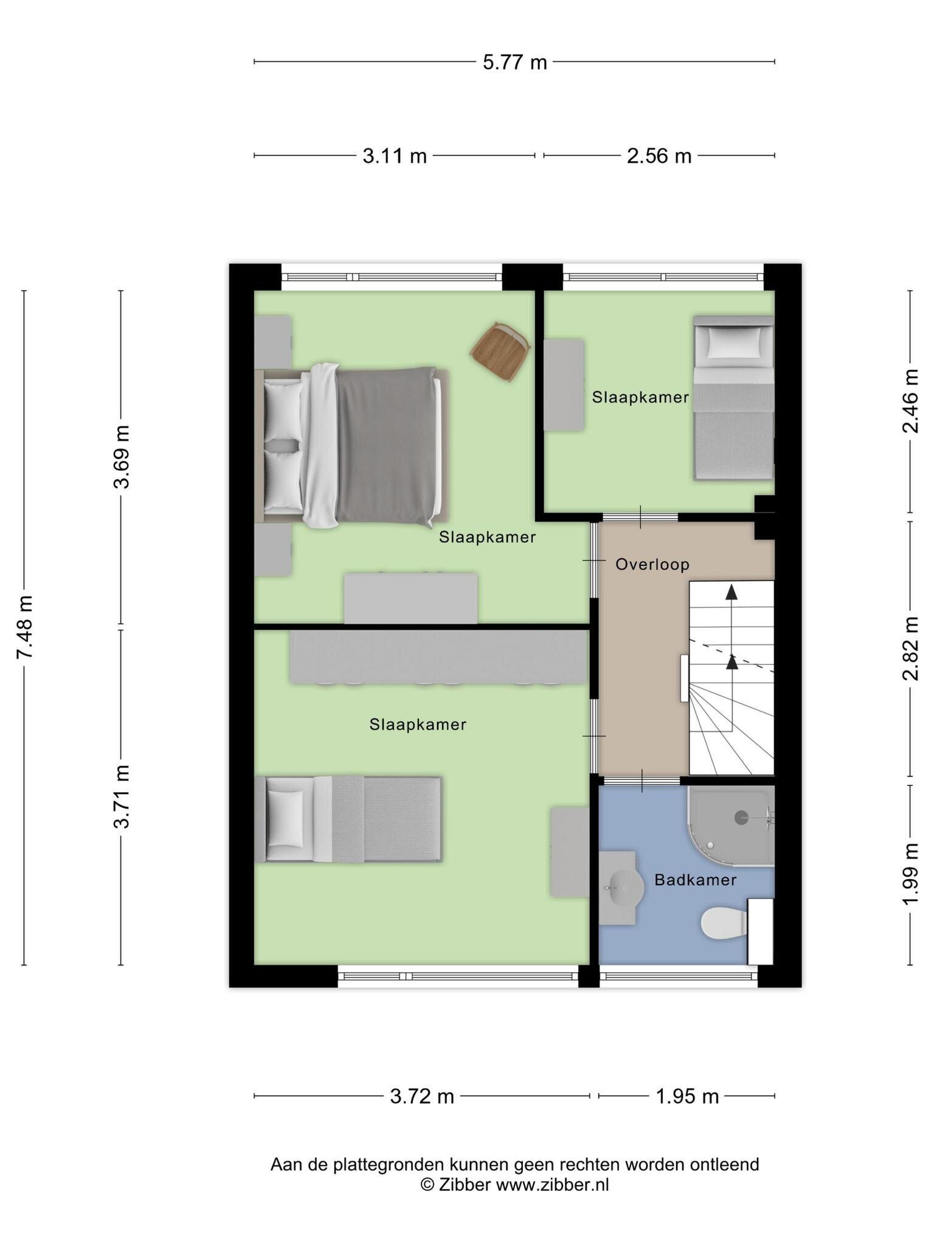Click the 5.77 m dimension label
point(515,62)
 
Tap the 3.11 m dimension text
point(395,156)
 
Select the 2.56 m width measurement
point(659,156)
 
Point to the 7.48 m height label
point(25,627)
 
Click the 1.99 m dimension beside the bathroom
point(910,874)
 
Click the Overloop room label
point(652,565)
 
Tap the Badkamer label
point(696,880)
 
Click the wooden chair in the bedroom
point(500,351)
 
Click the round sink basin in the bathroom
point(623,887)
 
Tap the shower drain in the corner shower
point(741,818)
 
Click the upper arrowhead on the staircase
point(732,592)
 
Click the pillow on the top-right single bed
point(734,343)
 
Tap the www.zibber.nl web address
point(552,1184)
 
